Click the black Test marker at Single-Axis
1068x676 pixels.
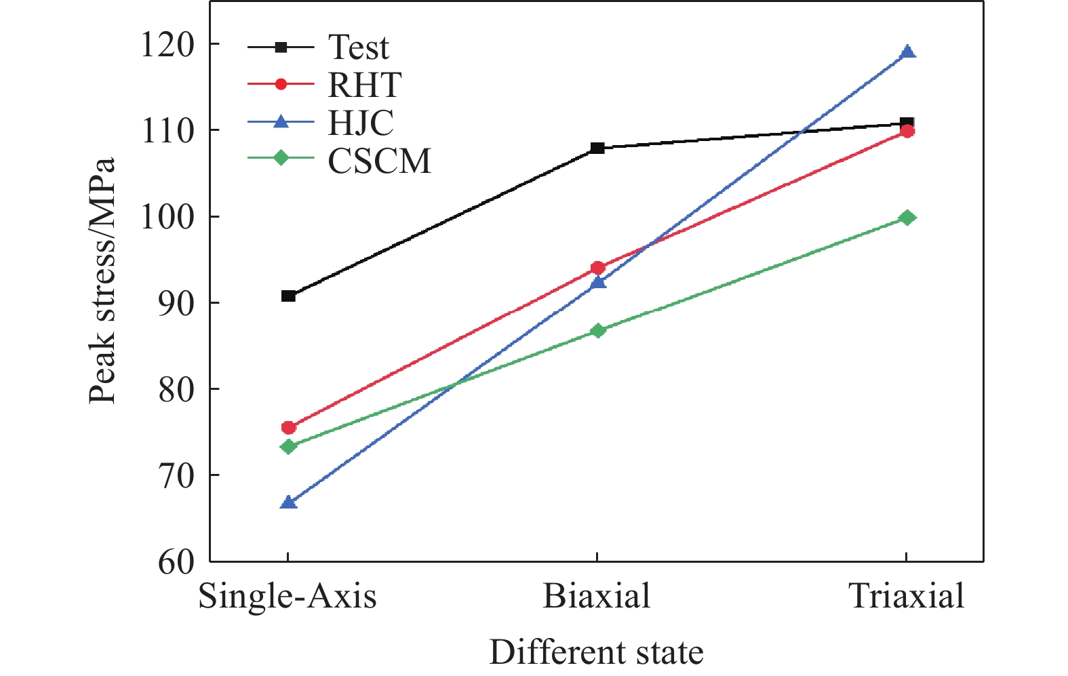coord(288,296)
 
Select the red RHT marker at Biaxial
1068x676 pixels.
coord(597,268)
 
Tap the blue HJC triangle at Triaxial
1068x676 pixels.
coord(907,52)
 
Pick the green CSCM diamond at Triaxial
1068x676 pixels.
coord(907,218)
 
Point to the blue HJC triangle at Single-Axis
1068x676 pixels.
coord(288,502)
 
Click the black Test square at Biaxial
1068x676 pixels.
coord(597,148)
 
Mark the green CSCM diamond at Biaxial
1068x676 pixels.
coord(597,330)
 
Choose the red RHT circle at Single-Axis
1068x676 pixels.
coord(288,427)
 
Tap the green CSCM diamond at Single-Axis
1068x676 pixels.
coord(288,446)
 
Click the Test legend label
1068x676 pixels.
coord(358,47)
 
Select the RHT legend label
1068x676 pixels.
coord(364,85)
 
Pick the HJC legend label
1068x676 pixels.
coord(361,123)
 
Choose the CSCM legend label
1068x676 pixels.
coord(379,161)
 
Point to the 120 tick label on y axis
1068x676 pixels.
coord(167,45)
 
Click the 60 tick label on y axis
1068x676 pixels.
coord(176,562)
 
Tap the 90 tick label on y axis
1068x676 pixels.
coord(176,303)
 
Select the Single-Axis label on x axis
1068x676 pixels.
coord(288,597)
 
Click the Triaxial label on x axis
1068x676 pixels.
coord(907,597)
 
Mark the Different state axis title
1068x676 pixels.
coord(596,652)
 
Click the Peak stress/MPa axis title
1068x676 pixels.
coord(103,281)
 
